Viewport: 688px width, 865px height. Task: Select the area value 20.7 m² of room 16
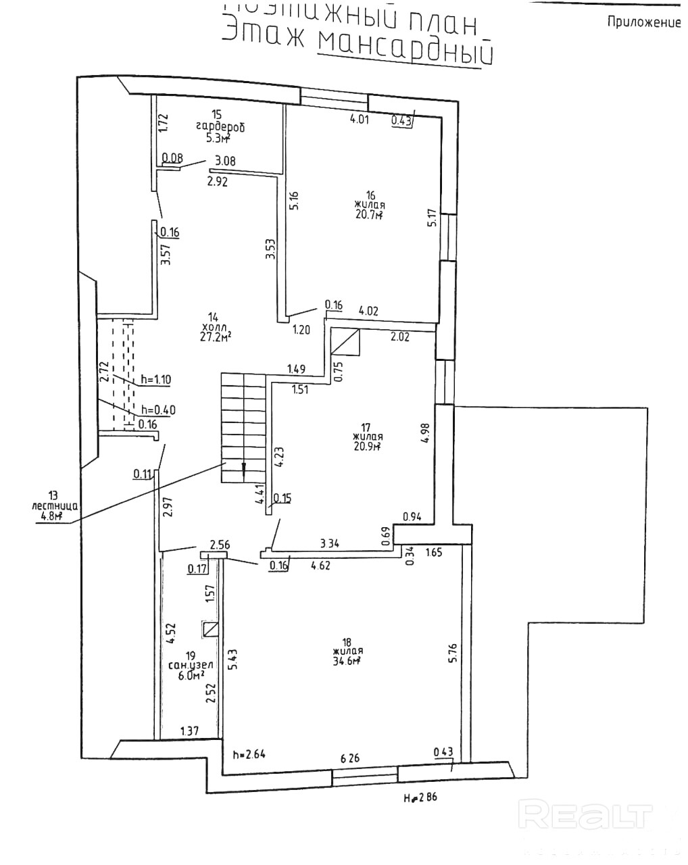tap(370, 215)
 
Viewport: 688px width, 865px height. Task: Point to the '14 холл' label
tap(214, 326)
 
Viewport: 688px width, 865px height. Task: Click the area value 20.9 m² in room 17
tap(368, 446)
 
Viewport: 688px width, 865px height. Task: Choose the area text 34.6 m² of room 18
tap(345, 662)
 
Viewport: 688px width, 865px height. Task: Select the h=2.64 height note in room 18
tap(247, 755)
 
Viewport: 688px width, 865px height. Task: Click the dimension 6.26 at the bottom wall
tap(349, 758)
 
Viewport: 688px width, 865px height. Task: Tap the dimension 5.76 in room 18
tap(453, 654)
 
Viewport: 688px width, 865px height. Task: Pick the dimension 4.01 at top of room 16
tap(360, 120)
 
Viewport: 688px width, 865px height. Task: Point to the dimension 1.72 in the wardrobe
tap(162, 122)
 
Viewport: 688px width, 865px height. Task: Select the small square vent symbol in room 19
tap(210, 629)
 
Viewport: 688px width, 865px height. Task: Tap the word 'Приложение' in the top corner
tap(643, 22)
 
